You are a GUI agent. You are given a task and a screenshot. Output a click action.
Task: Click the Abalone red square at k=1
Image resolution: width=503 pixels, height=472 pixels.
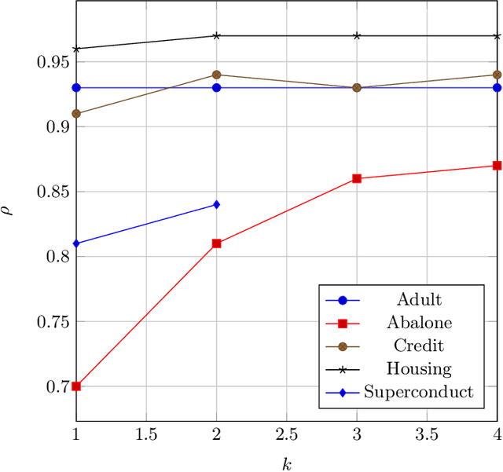[x=76, y=386]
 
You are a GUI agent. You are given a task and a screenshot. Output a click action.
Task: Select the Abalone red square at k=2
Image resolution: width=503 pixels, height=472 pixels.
[x=216, y=243]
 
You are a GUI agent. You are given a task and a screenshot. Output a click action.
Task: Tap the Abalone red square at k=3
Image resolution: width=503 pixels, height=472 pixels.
[x=357, y=178]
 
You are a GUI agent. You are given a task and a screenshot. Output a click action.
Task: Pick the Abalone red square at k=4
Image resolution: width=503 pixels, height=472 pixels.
[x=497, y=166]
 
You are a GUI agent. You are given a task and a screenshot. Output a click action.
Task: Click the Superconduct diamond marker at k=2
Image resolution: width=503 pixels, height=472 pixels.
[x=216, y=204]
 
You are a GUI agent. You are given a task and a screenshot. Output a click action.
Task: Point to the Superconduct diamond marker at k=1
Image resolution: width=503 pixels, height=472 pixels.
[x=76, y=243]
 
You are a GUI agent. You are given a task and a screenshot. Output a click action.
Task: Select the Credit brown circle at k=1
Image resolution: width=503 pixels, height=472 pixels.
[x=76, y=114]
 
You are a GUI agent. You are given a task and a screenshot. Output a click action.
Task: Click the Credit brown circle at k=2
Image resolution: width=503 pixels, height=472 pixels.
[x=216, y=75]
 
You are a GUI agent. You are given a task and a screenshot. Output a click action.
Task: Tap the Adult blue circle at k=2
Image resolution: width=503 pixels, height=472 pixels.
[x=216, y=87]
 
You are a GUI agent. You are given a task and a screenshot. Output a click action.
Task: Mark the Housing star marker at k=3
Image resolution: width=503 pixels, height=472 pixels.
[x=357, y=35]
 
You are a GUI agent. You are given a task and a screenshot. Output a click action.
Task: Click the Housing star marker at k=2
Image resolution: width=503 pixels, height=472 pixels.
[x=216, y=35]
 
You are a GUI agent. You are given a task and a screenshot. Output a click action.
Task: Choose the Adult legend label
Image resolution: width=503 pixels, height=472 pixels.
[x=419, y=299]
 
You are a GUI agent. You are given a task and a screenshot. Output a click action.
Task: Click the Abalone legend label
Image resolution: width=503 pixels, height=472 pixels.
[x=419, y=322]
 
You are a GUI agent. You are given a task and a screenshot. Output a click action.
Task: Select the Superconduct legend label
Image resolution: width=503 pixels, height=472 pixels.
[x=419, y=392]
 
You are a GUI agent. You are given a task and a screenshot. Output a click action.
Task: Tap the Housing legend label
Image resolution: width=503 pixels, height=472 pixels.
[x=419, y=368]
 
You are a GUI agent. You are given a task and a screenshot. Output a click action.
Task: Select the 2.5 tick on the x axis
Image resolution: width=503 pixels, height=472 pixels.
[x=286, y=434]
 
